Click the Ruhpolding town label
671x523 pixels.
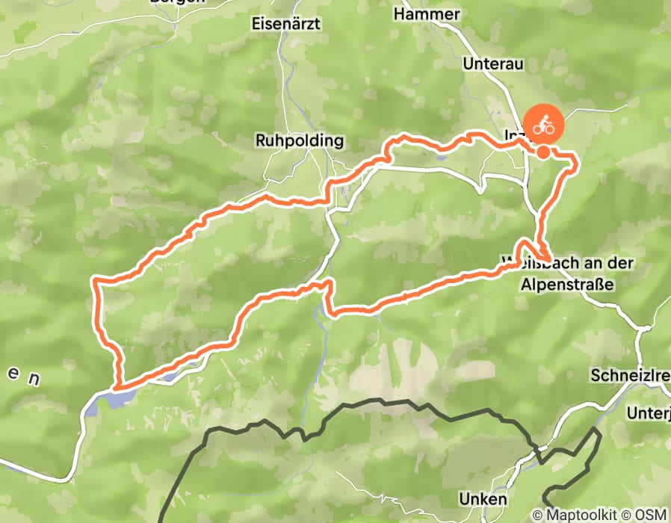[299, 140]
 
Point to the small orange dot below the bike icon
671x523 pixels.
[544, 152]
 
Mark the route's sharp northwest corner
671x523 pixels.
[96, 281]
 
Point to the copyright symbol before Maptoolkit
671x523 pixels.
[537, 515]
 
